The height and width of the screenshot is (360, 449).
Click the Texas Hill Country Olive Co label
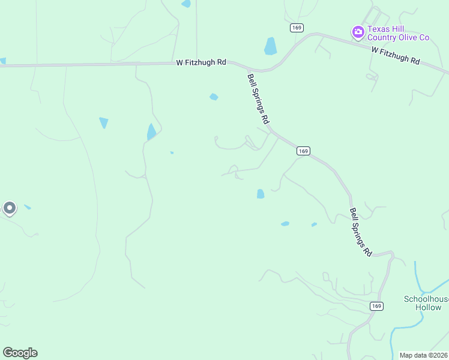point(399,34)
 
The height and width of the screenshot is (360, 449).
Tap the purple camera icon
point(358,31)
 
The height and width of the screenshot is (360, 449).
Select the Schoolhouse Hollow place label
point(426,303)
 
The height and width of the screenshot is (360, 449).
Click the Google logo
point(20,353)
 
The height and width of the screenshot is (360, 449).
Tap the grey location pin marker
point(9,208)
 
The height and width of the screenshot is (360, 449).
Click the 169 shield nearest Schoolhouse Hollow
point(376,306)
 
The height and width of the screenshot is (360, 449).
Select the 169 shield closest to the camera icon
point(296,28)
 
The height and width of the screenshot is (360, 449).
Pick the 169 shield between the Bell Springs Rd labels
point(303,151)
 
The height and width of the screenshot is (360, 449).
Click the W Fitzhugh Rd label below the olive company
point(395,55)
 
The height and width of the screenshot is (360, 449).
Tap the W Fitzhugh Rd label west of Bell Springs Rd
point(201,62)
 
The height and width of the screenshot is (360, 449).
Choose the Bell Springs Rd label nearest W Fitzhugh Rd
point(258,98)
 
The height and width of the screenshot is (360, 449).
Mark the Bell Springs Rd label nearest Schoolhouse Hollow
point(361,232)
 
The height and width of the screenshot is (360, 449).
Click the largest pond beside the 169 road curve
point(271,46)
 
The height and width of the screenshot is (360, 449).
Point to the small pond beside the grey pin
point(27,208)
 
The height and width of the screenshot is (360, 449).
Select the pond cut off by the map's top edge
point(186,4)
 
